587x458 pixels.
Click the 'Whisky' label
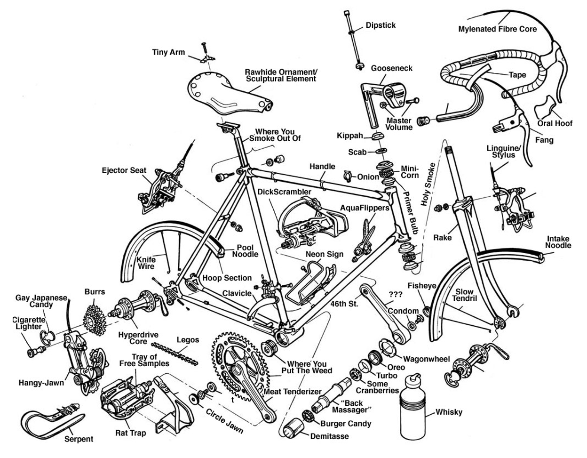[449, 412]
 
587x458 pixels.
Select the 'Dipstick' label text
[381, 25]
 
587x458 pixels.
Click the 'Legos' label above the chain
[188, 340]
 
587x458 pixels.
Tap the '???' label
[395, 295]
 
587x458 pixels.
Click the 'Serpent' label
[79, 439]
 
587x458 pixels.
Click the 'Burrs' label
[95, 292]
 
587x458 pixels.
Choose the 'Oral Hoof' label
[555, 123]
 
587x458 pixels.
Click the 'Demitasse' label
[329, 436]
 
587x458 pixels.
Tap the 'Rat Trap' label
[130, 433]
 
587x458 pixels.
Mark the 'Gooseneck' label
[391, 68]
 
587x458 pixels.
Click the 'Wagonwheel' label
[427, 359]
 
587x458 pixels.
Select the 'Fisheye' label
[421, 286]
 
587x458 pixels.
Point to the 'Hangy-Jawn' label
[41, 383]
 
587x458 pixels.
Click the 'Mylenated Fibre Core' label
[497, 29]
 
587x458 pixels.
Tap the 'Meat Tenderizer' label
[293, 392]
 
